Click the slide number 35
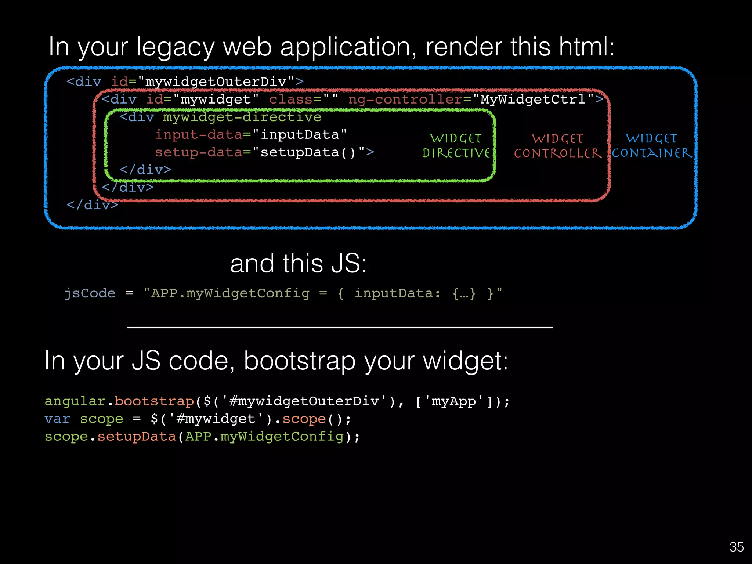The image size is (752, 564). [736, 547]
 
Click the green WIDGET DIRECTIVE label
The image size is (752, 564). [456, 146]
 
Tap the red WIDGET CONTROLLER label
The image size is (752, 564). [558, 146]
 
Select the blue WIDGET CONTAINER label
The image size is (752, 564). [652, 146]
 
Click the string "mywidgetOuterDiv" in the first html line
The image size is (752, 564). [217, 82]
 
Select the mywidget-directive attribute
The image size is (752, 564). [242, 117]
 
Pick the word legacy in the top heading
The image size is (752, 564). [175, 47]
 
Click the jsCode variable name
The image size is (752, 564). [90, 293]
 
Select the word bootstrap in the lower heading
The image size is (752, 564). [300, 361]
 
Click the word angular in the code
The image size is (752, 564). [75, 401]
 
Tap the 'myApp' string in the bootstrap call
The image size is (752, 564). [454, 401]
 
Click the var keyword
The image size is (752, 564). [57, 419]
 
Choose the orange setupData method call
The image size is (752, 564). [137, 437]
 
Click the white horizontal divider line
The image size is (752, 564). [340, 327]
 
